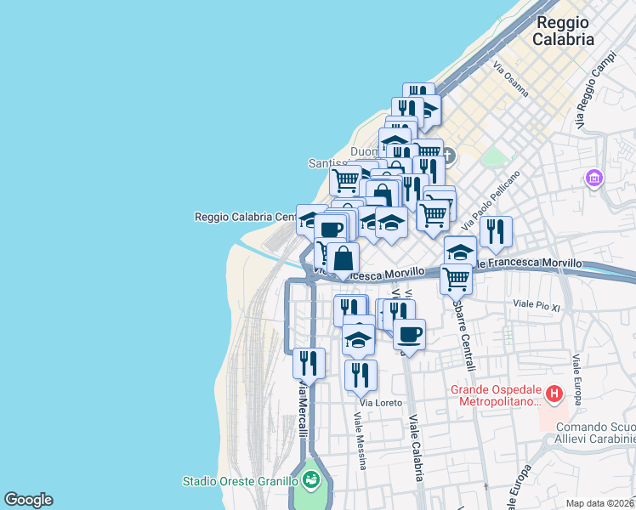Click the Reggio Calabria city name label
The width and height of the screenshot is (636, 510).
[x=562, y=31]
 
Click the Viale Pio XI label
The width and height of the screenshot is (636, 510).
[x=537, y=304]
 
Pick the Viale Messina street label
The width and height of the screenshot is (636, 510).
[x=361, y=441]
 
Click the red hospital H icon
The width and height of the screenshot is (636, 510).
[x=554, y=394]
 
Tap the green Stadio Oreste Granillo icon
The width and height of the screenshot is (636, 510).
[x=311, y=480]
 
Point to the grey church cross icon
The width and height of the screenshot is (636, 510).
[x=449, y=156]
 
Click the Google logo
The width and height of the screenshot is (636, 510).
[x=28, y=500]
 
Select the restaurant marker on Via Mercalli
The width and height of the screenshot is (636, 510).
[x=309, y=363]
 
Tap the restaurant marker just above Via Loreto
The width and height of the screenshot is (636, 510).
[x=361, y=374]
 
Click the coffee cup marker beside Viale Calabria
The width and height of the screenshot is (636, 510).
[x=409, y=333]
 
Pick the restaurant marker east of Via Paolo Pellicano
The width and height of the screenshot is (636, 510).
[x=495, y=230]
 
